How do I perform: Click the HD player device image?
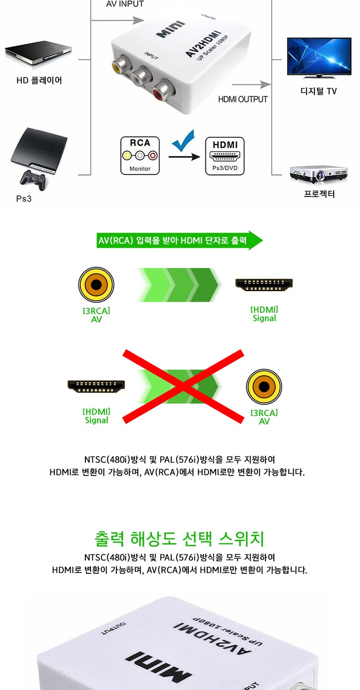(38, 53)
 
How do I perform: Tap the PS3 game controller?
(33, 180)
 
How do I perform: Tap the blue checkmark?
(184, 141)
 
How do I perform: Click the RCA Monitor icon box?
(140, 155)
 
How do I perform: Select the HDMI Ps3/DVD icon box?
(225, 156)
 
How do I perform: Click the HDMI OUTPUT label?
(243, 100)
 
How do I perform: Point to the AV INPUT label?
(125, 4)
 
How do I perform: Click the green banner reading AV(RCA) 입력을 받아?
(180, 240)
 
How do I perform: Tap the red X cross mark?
(183, 386)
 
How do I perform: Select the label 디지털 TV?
(319, 91)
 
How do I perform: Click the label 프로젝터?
(319, 194)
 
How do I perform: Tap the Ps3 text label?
(24, 199)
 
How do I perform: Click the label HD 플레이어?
(39, 80)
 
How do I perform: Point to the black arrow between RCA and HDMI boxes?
(184, 157)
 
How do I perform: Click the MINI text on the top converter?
(170, 29)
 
